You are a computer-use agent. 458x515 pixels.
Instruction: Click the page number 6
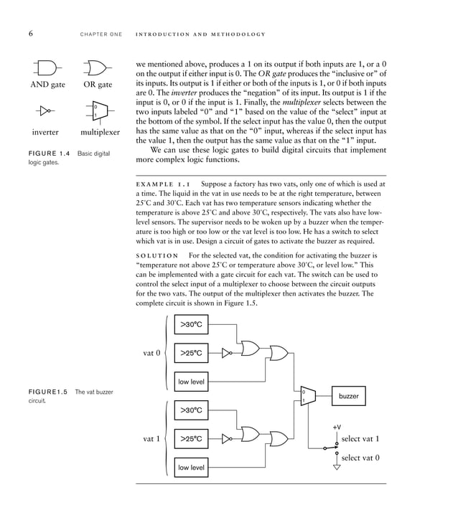pos(32,34)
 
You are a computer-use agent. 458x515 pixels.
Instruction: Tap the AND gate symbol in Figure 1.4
pos(47,68)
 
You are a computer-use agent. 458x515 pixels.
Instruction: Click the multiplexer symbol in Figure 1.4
pos(98,111)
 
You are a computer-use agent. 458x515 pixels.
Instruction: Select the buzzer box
pos(348,395)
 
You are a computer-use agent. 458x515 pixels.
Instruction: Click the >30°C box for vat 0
pos(191,325)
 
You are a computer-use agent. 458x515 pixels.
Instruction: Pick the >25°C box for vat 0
pos(191,353)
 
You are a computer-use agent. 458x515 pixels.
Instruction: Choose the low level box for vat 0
pos(191,382)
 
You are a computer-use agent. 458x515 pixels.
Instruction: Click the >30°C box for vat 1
pos(191,410)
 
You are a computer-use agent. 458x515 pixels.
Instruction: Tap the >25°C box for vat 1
pos(191,438)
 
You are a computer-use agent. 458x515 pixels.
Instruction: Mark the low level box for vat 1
pos(191,468)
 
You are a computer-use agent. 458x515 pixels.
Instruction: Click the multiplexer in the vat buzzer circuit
pos(307,395)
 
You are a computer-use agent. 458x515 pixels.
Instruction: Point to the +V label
pos(337,427)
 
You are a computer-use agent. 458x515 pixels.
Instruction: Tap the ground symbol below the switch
pos(337,467)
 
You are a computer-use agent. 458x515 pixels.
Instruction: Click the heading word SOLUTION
pos(157,256)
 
